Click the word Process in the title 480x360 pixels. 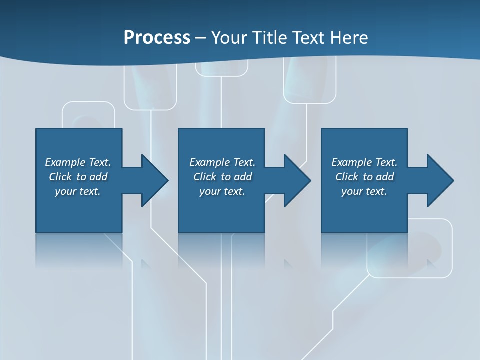[x=157, y=38]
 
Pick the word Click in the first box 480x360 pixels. [x=60, y=177]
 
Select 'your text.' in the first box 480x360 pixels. [x=78, y=191]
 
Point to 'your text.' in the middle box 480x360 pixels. [x=222, y=191]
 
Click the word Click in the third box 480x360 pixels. [x=347, y=177]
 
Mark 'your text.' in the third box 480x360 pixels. [x=364, y=191]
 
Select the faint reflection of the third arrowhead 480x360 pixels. [x=433, y=263]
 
